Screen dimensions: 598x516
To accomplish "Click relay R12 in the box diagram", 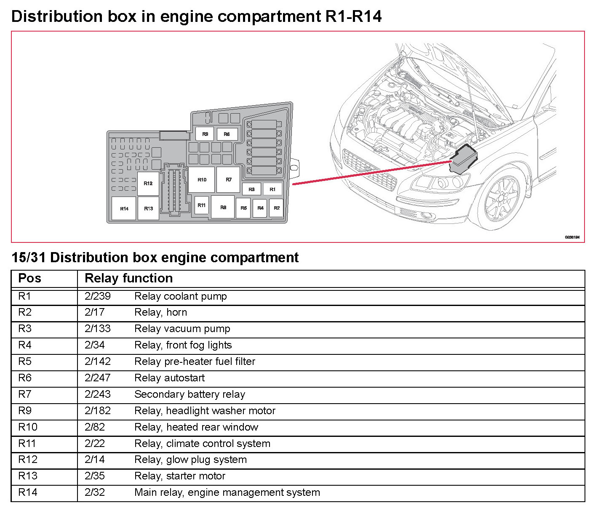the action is coord(148,184).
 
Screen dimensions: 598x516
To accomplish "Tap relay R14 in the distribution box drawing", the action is coord(124,208).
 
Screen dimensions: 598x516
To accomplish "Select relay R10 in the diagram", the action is coord(202,180).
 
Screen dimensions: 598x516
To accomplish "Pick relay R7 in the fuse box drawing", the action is coord(228,180).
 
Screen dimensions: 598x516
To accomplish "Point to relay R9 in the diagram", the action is coord(205,134).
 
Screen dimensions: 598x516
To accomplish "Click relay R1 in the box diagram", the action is coord(272,189).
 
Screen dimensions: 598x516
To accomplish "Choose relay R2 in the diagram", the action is coord(276,208).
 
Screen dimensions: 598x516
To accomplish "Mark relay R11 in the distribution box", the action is coord(202,205).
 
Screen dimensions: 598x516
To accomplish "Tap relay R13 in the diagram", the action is coord(148,208).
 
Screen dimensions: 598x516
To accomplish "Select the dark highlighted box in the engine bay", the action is coord(464,159).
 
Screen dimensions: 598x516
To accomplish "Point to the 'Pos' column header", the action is coord(30,278).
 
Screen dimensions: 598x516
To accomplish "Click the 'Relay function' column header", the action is coord(128,278).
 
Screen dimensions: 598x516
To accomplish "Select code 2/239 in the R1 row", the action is coord(98,296).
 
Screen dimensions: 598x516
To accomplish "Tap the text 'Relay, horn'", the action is coord(160,312).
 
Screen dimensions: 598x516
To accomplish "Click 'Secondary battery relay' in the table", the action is coord(190,394).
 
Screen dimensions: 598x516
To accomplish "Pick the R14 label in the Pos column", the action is coord(28,492).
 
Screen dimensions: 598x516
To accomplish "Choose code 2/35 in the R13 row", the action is coord(95,476).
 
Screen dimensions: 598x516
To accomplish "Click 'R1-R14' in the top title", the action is coord(353,16).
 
